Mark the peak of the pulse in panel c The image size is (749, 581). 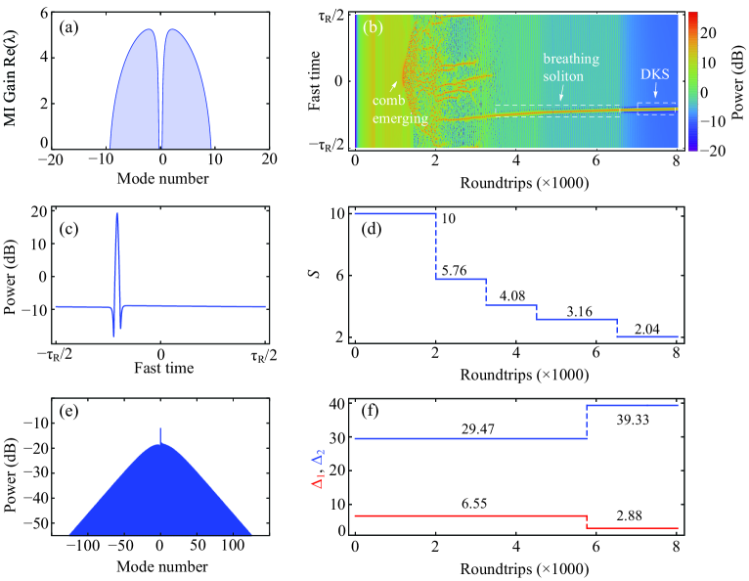[117, 214]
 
